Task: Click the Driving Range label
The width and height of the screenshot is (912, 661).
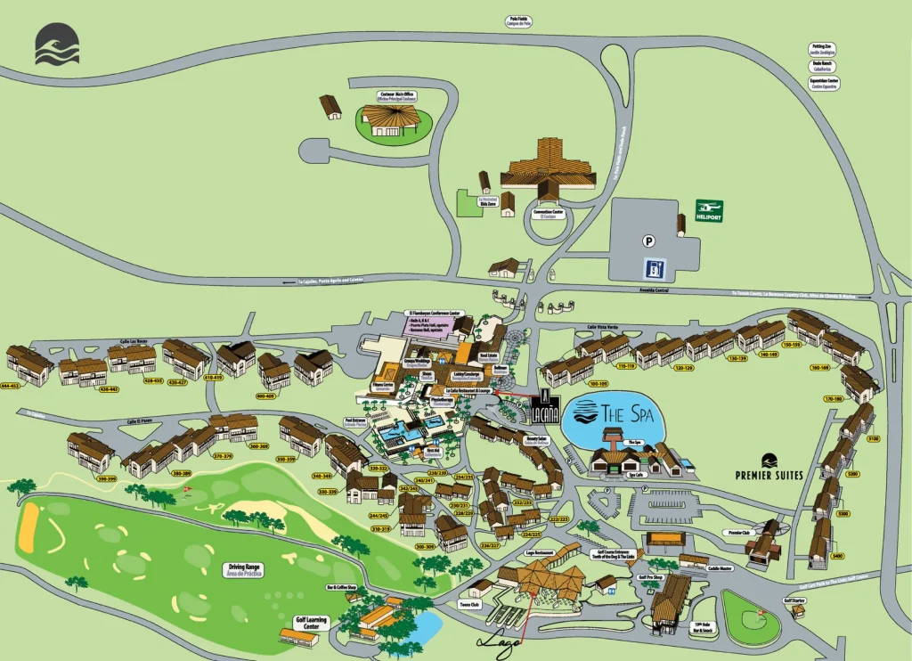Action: (245, 569)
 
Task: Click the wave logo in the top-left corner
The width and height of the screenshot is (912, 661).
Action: (57, 45)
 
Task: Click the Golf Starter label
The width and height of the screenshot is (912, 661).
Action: (795, 600)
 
